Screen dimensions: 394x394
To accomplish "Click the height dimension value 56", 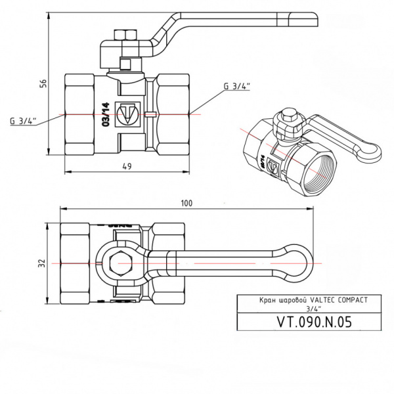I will [43, 84].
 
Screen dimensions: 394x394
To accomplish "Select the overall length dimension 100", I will [186, 203].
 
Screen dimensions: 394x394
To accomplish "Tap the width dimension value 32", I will [43, 263].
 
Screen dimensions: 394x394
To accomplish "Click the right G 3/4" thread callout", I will [236, 86].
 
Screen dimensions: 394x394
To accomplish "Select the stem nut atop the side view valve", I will [125, 35].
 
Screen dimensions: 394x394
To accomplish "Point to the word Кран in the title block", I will [250, 299].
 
